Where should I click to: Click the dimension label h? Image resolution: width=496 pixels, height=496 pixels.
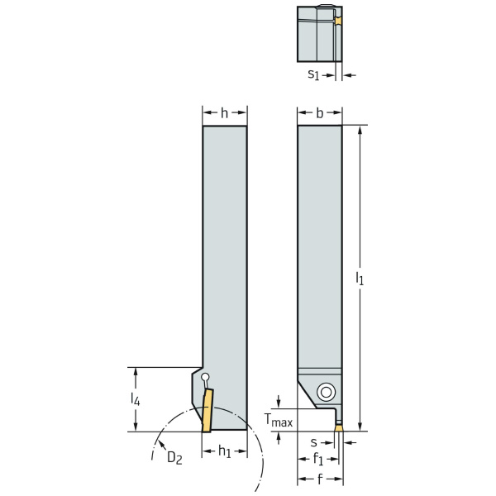pyautogui.click(x=224, y=113)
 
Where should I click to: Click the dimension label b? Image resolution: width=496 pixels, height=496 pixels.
pyautogui.click(x=319, y=113)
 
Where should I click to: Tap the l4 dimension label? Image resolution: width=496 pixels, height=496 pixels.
pyautogui.click(x=136, y=399)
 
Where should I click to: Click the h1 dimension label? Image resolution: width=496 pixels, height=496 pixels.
pyautogui.click(x=224, y=451)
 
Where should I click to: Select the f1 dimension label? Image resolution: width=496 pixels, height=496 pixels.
pyautogui.click(x=318, y=460)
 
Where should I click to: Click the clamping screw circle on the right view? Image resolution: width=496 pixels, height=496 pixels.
pyautogui.click(x=327, y=392)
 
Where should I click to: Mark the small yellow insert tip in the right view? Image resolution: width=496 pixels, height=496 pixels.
pyautogui.click(x=338, y=428)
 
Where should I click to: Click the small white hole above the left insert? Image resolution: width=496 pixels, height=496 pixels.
pyautogui.click(x=205, y=379)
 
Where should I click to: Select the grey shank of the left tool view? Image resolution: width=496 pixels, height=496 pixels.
pyautogui.click(x=224, y=248)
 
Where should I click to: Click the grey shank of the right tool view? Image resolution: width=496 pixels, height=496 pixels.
pyautogui.click(x=319, y=248)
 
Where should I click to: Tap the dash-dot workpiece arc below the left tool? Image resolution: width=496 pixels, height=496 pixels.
pyautogui.click(x=248, y=430)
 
